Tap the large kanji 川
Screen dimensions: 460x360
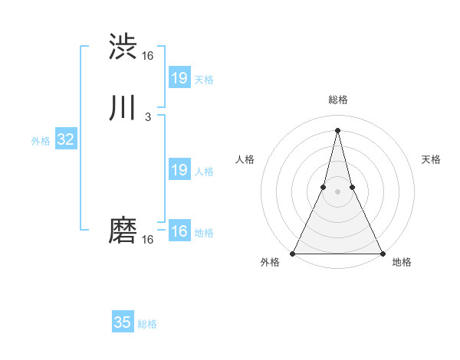[123, 109]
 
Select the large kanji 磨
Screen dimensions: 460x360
[123, 230]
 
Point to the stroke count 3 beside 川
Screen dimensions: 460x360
[147, 117]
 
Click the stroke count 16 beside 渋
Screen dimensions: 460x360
[147, 56]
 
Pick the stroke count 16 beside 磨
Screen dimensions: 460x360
[147, 240]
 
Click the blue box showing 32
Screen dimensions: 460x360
[65, 139]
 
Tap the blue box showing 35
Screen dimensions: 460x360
[123, 322]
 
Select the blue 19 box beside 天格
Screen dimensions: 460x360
[179, 78]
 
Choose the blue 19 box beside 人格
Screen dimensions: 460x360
[179, 170]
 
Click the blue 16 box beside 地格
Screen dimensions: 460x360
[179, 231]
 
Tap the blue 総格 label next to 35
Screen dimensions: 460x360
[147, 324]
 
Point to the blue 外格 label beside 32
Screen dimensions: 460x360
[41, 141]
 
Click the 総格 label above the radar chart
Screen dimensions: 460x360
[337, 100]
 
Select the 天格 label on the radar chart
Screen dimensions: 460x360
[431, 159]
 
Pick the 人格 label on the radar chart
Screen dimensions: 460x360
[245, 159]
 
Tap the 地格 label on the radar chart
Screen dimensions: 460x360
[402, 262]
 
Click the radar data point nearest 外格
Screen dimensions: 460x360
[293, 253]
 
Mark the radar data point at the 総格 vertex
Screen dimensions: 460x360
[337, 129]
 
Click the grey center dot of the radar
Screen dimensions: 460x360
[337, 191]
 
